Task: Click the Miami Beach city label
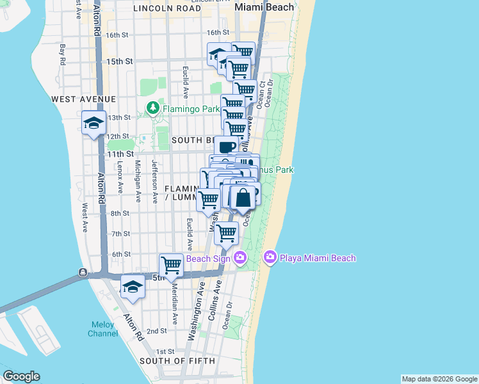(x=264, y=7)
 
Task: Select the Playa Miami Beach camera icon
(x=270, y=257)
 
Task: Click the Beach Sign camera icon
(x=240, y=258)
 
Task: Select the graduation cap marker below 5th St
(x=133, y=286)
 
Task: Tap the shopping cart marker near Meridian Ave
(x=171, y=264)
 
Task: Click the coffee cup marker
(x=227, y=147)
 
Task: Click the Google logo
(x=21, y=376)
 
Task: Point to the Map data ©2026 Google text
(x=439, y=379)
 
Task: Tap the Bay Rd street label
(x=63, y=54)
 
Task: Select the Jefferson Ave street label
(x=154, y=182)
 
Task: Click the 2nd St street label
(x=157, y=331)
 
